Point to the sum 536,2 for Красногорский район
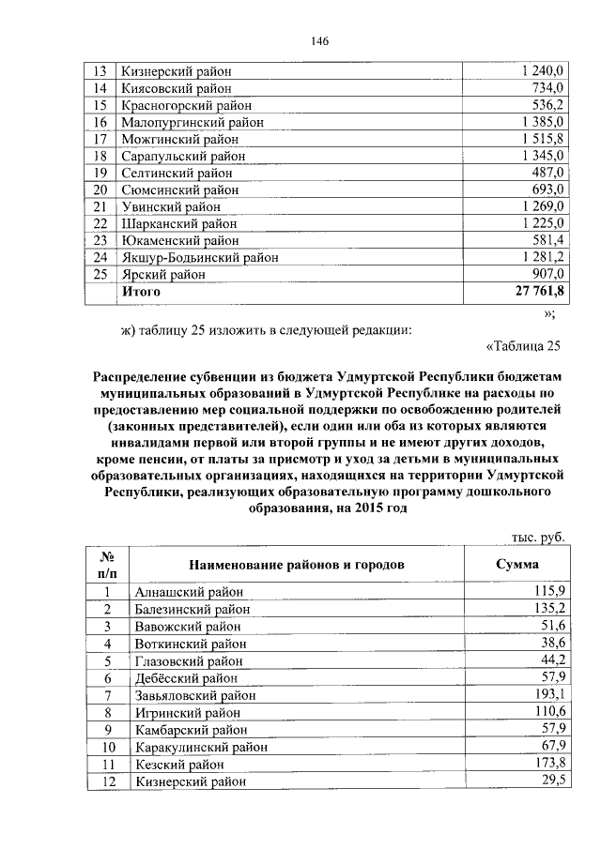(546, 105)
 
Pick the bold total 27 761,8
(537, 292)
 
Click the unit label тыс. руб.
(537, 536)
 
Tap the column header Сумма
(516, 566)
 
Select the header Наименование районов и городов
(297, 566)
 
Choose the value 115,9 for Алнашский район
(547, 592)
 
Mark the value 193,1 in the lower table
(547, 695)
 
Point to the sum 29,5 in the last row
(550, 781)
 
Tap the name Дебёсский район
(179, 678)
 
